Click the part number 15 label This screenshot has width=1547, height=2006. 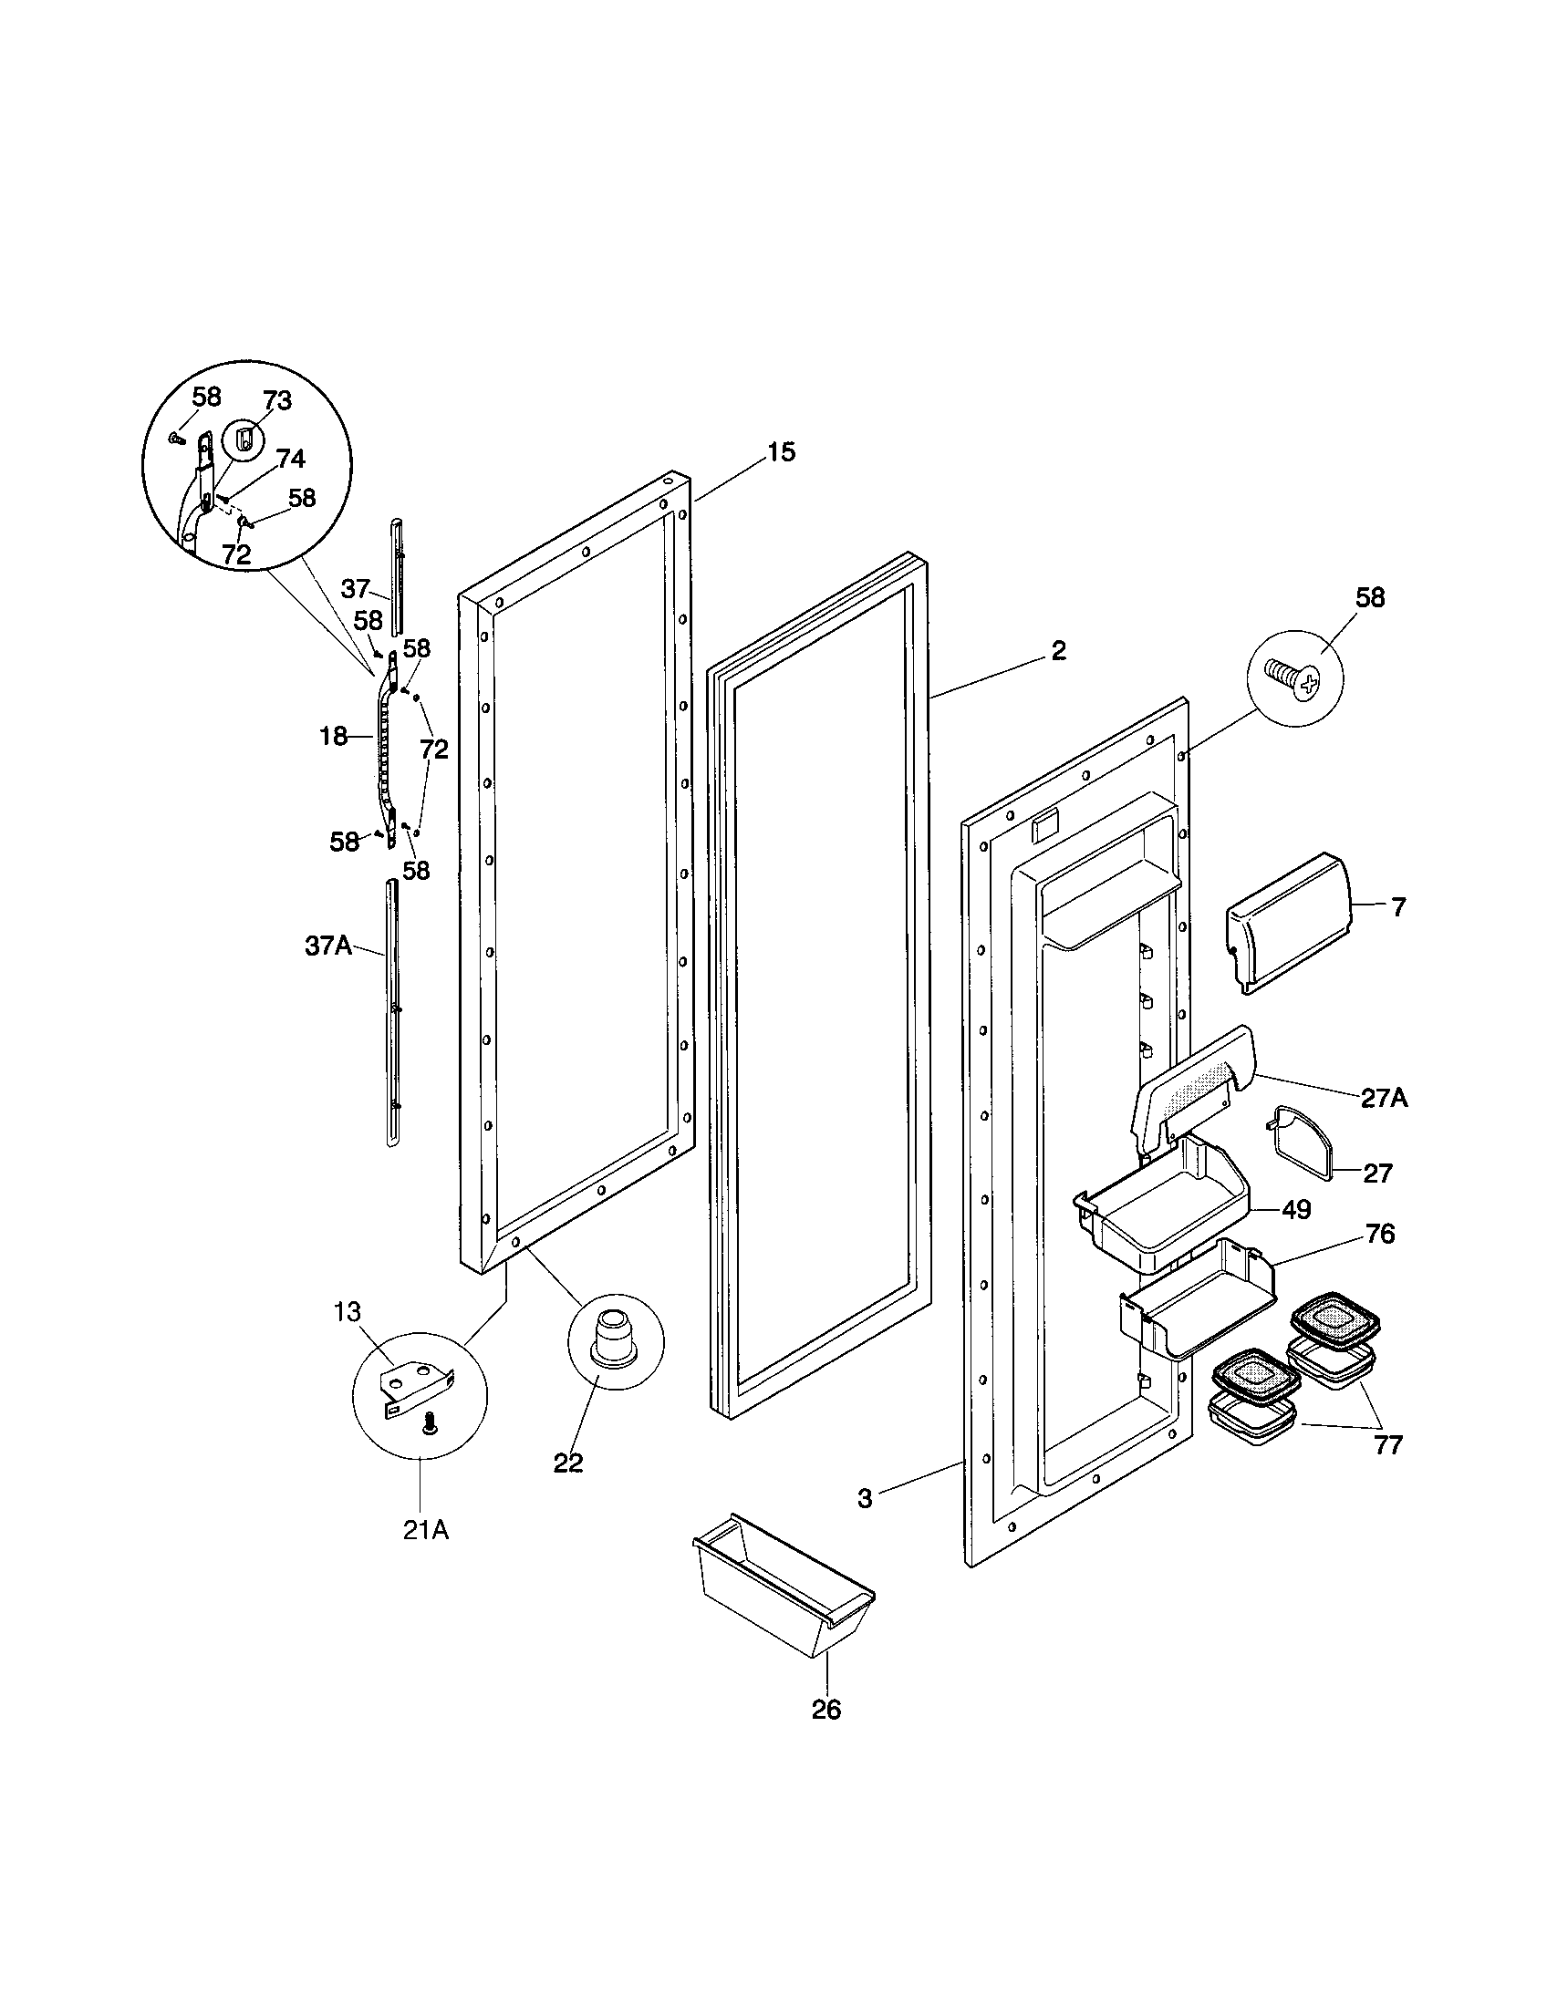tap(781, 452)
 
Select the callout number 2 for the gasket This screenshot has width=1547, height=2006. tap(1058, 650)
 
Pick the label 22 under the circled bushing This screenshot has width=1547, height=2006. tap(567, 1463)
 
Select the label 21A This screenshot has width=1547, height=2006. tap(426, 1530)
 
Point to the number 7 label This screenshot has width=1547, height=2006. tap(1397, 907)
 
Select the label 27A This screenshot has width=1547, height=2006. tap(1384, 1098)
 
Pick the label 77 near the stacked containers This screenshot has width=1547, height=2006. tap(1387, 1445)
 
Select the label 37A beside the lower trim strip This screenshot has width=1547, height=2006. tap(328, 946)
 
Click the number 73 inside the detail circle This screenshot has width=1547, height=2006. tap(276, 400)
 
